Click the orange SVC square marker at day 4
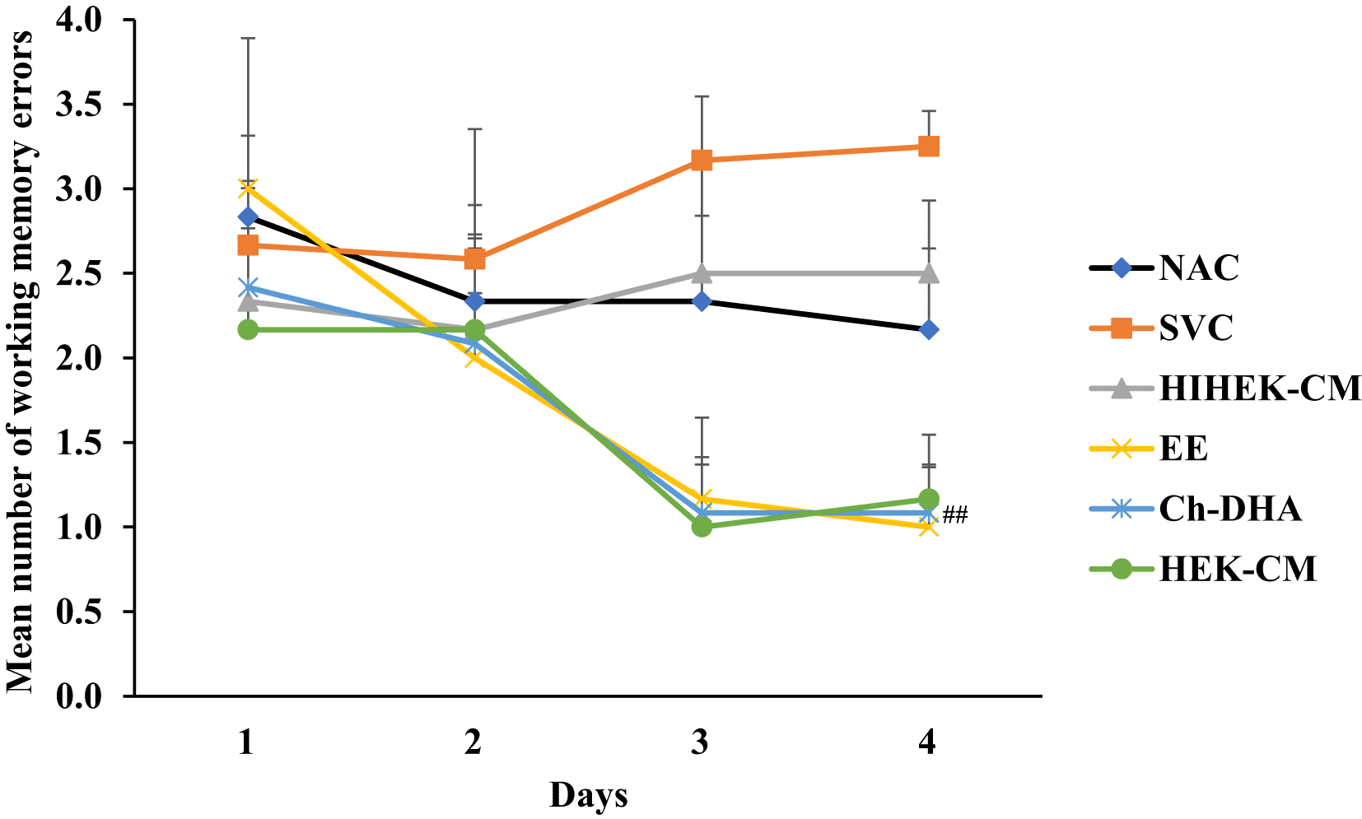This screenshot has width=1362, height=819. click(x=928, y=147)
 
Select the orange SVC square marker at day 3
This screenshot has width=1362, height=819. click(x=702, y=160)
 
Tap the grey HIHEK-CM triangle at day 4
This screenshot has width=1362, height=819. click(x=928, y=272)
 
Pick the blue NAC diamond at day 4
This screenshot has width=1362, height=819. click(x=928, y=330)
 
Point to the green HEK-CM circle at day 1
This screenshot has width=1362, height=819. click(x=248, y=329)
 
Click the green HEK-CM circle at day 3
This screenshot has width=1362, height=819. click(x=702, y=526)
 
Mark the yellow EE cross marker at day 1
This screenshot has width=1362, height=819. click(x=248, y=188)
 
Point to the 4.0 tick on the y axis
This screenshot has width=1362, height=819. click(x=79, y=20)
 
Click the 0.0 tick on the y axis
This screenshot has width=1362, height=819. click(x=79, y=696)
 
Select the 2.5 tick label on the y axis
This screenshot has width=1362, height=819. click(x=79, y=273)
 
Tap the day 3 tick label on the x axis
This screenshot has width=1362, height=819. click(x=701, y=743)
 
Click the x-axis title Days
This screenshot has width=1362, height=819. click(x=588, y=796)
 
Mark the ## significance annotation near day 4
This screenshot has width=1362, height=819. click(x=955, y=515)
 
